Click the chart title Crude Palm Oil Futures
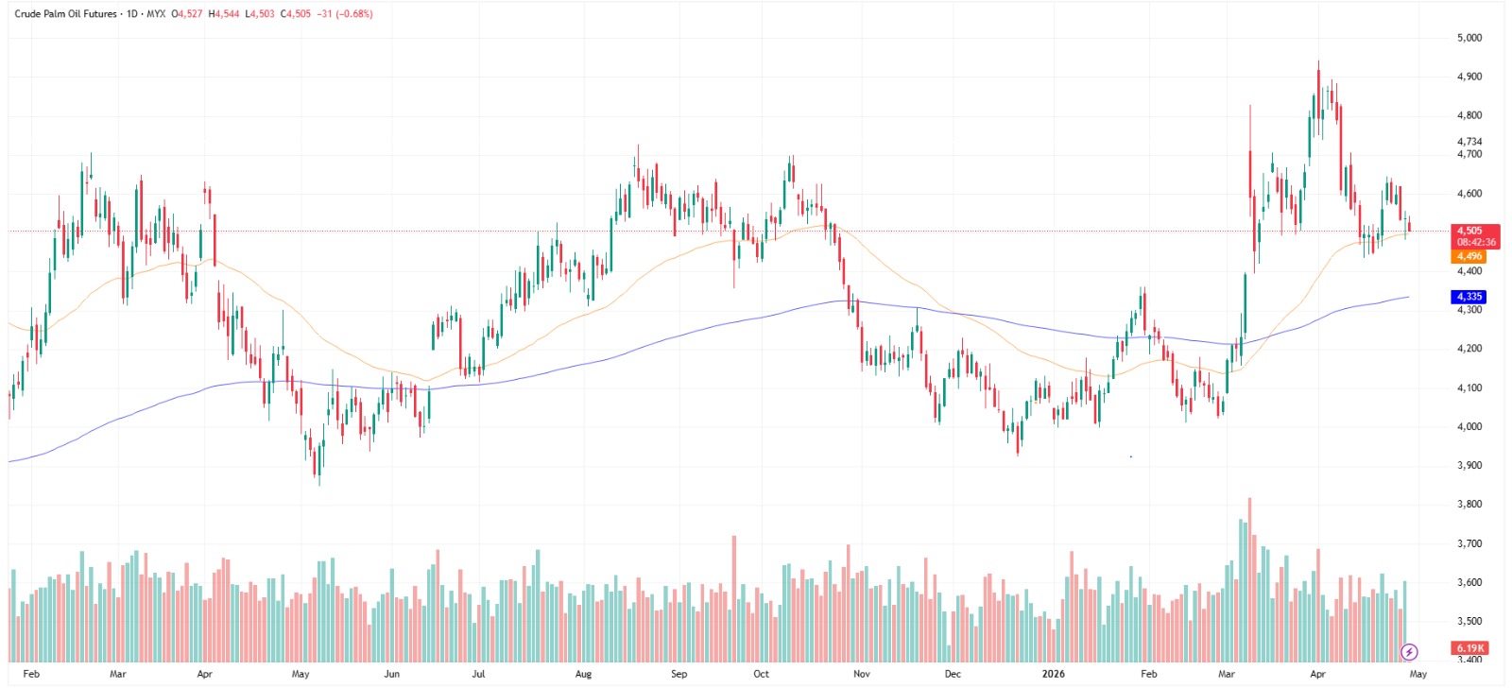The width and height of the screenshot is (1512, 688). tap(65, 14)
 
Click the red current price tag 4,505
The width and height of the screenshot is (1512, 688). tap(1469, 231)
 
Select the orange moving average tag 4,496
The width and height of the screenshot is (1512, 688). tap(1469, 256)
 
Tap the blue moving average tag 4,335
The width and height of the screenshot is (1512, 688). tap(1469, 297)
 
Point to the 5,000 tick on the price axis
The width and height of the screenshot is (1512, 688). tap(1469, 38)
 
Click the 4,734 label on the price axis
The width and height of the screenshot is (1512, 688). tap(1469, 142)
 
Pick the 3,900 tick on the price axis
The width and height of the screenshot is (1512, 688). tap(1469, 465)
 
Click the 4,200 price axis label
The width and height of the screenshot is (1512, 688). tap(1469, 349)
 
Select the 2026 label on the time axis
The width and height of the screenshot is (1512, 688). tap(1053, 674)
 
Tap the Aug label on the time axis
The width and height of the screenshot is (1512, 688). tap(583, 674)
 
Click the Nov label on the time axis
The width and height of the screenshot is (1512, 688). tap(861, 674)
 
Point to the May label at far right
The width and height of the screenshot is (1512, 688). tap(1417, 674)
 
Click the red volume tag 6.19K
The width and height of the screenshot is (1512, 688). tap(1470, 648)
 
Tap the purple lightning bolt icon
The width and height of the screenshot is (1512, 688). tap(1409, 652)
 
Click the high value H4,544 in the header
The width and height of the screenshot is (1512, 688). tap(224, 14)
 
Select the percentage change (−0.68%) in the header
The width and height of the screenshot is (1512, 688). tap(354, 14)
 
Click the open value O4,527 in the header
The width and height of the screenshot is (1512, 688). tap(186, 14)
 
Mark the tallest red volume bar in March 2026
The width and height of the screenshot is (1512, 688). tap(1249, 578)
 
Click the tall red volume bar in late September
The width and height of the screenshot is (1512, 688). tap(733, 597)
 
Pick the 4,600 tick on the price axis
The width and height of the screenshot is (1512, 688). tap(1469, 194)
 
